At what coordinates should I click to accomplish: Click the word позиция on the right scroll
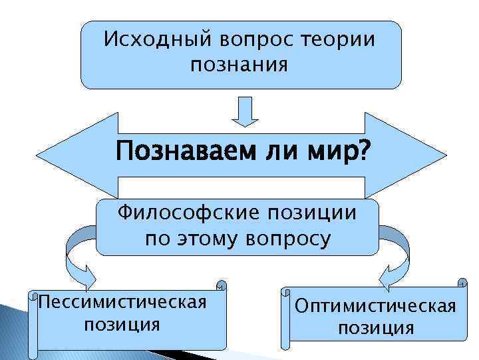point(376,328)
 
